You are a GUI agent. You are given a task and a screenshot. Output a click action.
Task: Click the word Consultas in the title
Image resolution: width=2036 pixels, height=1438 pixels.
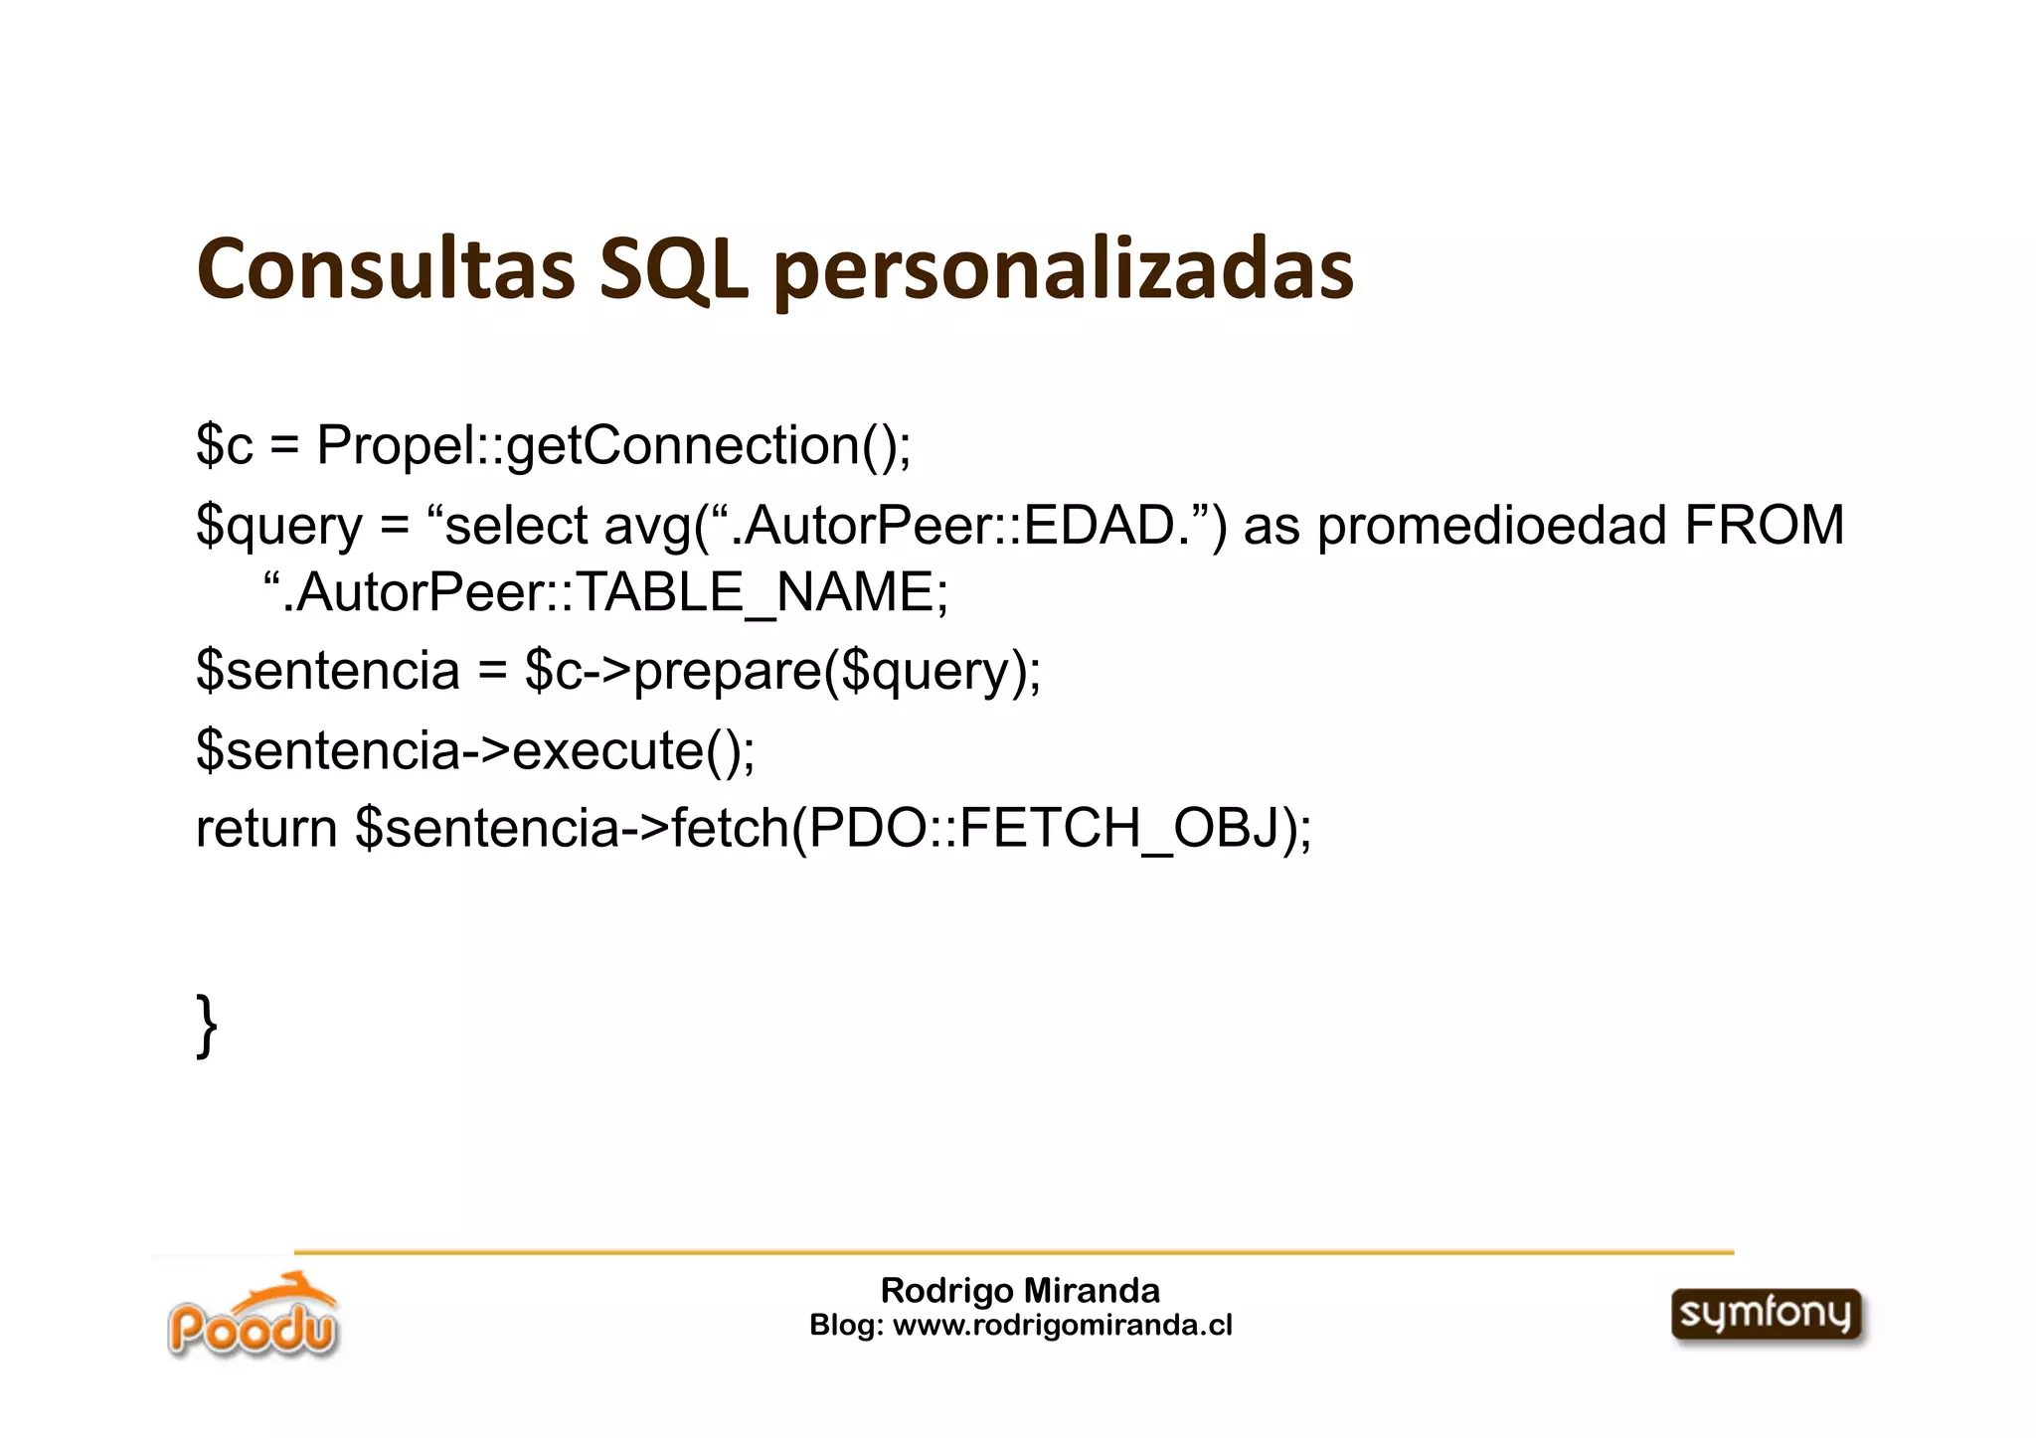click(386, 269)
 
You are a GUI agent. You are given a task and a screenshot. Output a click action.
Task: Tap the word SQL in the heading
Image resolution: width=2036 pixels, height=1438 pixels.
click(673, 269)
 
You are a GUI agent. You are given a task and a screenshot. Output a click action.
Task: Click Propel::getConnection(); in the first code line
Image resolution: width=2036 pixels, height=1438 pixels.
click(613, 445)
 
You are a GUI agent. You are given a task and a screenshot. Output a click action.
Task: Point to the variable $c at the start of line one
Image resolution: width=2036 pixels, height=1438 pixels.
click(225, 445)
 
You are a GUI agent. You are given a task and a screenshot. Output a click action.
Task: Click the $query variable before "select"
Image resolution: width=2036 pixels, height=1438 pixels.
click(279, 526)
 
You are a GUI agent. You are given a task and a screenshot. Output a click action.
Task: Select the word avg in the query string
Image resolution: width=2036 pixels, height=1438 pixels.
click(648, 527)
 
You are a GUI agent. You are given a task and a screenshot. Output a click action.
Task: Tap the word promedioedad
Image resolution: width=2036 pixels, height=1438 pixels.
click(1491, 526)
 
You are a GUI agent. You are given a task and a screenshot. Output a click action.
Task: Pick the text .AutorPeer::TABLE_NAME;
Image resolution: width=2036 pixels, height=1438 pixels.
click(615, 593)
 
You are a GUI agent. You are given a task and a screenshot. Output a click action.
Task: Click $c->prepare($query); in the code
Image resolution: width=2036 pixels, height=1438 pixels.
click(782, 671)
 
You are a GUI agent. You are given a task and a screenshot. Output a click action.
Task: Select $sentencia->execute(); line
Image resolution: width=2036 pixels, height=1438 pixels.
click(475, 749)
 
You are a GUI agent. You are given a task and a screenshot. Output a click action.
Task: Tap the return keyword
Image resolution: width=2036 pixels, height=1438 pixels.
click(266, 828)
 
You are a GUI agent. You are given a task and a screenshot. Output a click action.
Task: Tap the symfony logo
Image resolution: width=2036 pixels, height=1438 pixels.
click(1766, 1315)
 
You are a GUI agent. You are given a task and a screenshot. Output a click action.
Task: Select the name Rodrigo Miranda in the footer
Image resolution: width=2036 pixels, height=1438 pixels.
click(1020, 1290)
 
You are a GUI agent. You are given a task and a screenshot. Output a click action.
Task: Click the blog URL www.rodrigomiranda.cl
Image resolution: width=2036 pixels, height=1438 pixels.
click(1063, 1325)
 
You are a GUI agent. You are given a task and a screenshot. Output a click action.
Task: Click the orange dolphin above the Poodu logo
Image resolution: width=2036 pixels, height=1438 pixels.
click(298, 1292)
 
